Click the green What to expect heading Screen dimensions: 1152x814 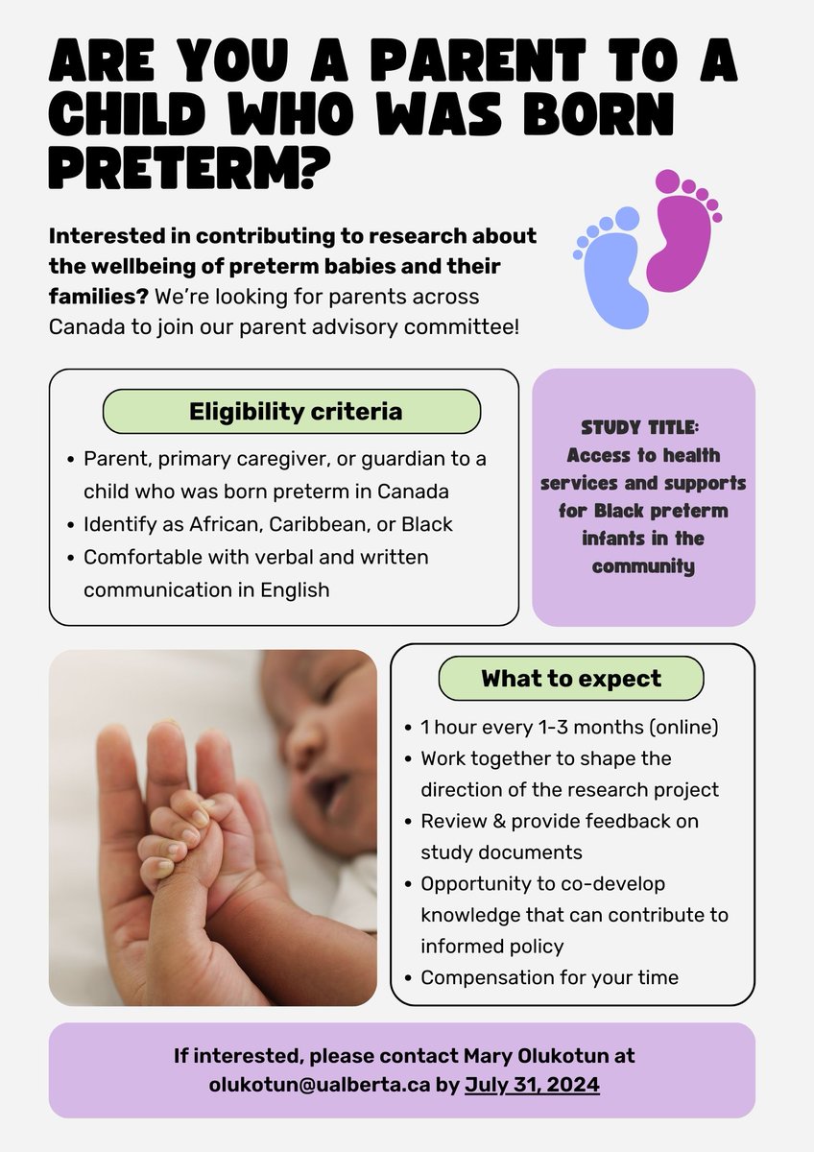(570, 679)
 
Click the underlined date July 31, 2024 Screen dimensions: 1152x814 (532, 1085)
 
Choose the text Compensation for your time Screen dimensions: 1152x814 (549, 977)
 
